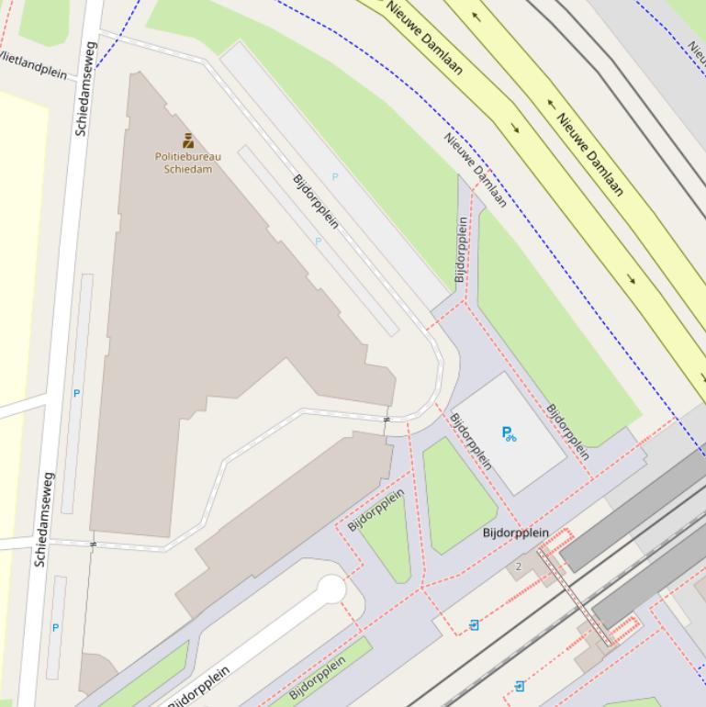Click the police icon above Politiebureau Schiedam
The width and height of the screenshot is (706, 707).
[x=188, y=140]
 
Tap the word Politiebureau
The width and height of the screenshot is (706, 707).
[x=188, y=156]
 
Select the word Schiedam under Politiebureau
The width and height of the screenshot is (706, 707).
[x=188, y=169]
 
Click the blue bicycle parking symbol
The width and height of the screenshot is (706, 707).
[x=509, y=433]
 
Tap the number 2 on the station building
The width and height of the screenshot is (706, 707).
[x=518, y=567]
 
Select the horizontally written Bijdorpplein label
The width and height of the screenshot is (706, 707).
[x=516, y=533]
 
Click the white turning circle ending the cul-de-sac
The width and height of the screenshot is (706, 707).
[x=331, y=589]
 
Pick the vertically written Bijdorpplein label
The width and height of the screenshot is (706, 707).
[x=462, y=249]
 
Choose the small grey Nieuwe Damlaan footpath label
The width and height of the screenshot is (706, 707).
[x=476, y=170]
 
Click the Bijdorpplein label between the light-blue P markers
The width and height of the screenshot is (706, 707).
[x=316, y=201]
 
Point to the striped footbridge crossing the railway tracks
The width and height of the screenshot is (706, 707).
[x=576, y=597]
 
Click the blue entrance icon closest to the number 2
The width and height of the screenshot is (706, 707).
[x=474, y=625]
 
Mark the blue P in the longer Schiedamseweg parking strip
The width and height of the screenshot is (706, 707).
[x=76, y=393]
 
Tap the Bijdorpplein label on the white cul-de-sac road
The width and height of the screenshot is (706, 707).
[x=199, y=688]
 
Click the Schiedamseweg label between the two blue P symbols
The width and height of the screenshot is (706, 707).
[x=44, y=519]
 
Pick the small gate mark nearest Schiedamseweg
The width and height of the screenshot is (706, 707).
[x=93, y=544]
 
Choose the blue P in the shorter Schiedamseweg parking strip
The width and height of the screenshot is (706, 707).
[x=55, y=628]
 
